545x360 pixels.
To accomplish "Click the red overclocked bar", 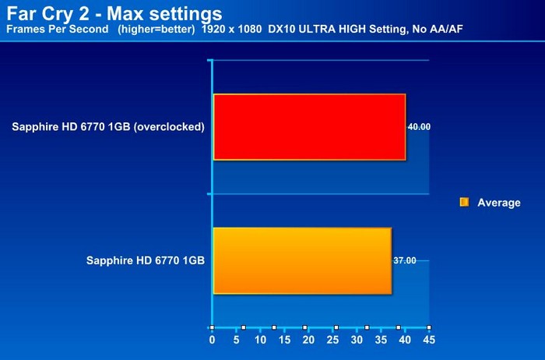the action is (x=309, y=127).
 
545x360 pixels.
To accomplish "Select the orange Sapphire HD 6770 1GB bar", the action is (x=302, y=261).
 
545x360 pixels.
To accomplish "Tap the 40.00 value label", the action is (x=419, y=127).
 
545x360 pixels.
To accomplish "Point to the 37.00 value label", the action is (x=405, y=260).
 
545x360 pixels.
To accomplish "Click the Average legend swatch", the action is (x=464, y=202).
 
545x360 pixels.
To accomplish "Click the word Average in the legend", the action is (x=499, y=203).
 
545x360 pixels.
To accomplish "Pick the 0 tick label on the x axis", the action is (x=212, y=340).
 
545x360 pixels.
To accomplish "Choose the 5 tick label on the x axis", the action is (x=237, y=340).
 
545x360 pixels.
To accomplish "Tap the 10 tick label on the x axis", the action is (x=260, y=340).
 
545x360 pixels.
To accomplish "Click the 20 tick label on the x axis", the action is (x=308, y=340).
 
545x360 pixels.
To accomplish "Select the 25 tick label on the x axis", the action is (x=332, y=340).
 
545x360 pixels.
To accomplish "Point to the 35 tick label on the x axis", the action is (x=381, y=340).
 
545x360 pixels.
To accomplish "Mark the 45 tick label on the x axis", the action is (x=429, y=340).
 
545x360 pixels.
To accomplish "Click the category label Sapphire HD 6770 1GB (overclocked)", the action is (x=108, y=126).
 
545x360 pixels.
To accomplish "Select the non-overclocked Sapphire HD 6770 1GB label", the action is (x=146, y=260).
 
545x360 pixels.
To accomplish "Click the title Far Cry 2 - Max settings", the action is (x=114, y=13).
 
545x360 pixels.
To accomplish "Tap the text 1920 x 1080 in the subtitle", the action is (x=231, y=29).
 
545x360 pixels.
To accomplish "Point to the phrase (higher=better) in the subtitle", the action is (x=156, y=30).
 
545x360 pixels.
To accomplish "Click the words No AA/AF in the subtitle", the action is (x=438, y=29).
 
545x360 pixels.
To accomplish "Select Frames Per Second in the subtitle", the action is (x=58, y=29).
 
